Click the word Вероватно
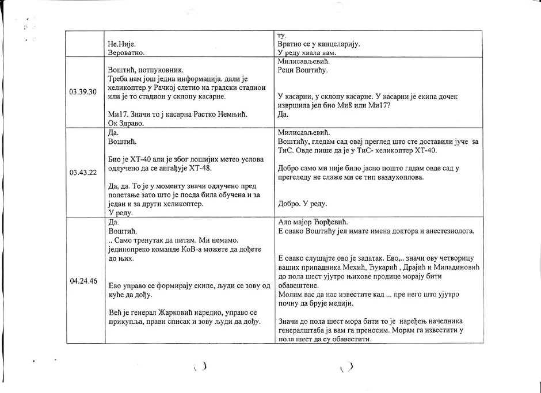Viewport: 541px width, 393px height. point(126,52)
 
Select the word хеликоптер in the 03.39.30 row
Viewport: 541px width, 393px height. point(126,88)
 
